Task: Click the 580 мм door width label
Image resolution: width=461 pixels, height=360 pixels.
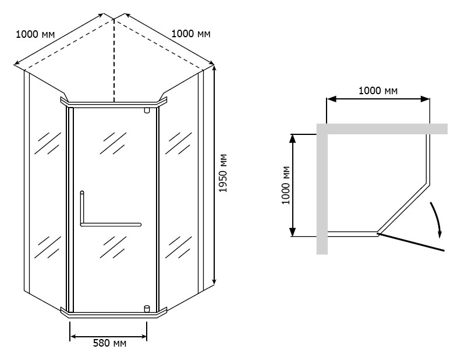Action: click(x=109, y=343)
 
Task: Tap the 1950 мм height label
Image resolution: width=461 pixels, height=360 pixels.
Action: click(x=223, y=173)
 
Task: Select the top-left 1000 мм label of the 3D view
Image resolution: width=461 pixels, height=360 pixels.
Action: click(x=36, y=34)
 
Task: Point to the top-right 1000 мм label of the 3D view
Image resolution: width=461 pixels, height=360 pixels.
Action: click(x=191, y=34)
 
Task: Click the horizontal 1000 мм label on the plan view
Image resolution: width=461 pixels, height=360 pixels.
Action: click(x=378, y=91)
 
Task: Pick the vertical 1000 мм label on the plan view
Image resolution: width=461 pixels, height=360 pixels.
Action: click(x=286, y=185)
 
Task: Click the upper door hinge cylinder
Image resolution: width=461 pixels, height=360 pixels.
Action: click(x=147, y=111)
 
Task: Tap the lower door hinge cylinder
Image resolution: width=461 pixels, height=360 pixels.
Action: click(x=147, y=309)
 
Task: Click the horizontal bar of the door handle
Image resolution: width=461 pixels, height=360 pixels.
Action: click(x=111, y=225)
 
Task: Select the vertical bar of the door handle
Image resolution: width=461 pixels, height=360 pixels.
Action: click(x=82, y=208)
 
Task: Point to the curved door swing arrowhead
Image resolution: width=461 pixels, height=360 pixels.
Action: click(x=440, y=234)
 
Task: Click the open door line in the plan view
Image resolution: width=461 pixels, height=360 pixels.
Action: click(x=411, y=242)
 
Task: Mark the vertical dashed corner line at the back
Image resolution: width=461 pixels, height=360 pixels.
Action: click(x=114, y=60)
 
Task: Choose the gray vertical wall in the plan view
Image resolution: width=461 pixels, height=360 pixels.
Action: click(x=322, y=188)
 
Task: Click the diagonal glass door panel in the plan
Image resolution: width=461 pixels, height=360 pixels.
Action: click(x=403, y=208)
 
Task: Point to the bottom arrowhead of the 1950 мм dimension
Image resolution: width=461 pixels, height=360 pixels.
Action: click(x=214, y=281)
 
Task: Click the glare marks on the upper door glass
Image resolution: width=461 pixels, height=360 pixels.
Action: click(x=113, y=143)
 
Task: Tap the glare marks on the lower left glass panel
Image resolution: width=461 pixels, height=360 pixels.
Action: click(x=47, y=247)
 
